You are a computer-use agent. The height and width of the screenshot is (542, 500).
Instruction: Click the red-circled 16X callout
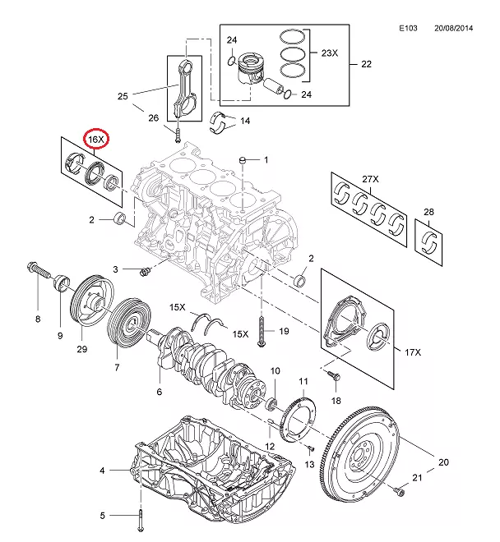tap(97, 140)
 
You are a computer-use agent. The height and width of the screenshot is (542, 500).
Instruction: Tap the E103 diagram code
tap(409, 28)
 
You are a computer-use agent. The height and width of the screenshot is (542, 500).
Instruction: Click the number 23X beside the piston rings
tap(329, 53)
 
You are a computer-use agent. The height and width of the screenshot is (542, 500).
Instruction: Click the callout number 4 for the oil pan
tap(102, 471)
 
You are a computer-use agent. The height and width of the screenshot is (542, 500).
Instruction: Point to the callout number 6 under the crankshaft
tap(159, 392)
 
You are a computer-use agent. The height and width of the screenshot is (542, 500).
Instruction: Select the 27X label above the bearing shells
tap(370, 179)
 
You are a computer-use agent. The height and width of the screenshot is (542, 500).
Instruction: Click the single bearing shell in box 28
tap(430, 241)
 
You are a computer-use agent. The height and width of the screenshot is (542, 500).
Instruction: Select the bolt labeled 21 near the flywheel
tap(400, 490)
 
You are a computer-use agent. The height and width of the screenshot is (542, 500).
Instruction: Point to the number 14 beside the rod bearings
tap(244, 121)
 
